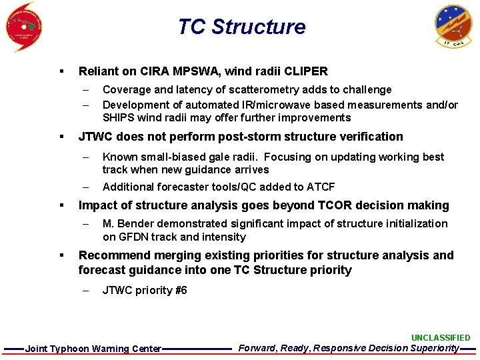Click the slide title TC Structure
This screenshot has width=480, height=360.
(241, 27)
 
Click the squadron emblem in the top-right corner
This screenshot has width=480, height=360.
(453, 26)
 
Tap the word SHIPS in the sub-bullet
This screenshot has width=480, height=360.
(118, 118)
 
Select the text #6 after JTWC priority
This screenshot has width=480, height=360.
(181, 290)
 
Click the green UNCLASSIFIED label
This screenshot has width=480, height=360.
(440, 338)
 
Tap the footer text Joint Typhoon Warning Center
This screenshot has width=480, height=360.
(93, 349)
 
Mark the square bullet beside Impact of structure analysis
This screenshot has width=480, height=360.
(61, 205)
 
